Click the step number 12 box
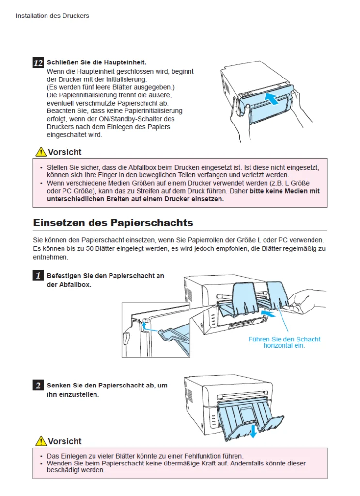click(x=38, y=62)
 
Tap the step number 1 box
click(x=38, y=276)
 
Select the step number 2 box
click(x=38, y=385)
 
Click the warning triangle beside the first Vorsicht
click(x=41, y=152)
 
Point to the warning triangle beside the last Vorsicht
click(x=41, y=441)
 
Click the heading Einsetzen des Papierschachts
click(x=113, y=223)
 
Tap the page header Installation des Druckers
click(x=52, y=16)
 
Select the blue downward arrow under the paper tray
click(x=253, y=431)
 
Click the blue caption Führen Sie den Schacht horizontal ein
click(x=284, y=342)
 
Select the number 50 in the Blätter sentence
click(x=90, y=248)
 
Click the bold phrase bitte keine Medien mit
click(x=285, y=191)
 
